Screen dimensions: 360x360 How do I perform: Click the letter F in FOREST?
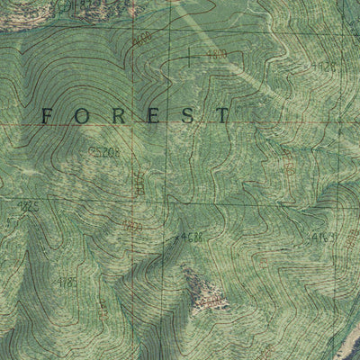pyautogui.click(x=48, y=115)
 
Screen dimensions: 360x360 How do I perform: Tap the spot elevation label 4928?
pyautogui.click(x=322, y=67)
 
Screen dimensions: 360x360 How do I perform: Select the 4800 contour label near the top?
pyautogui.click(x=216, y=56)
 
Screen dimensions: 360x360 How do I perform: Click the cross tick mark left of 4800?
pyautogui.click(x=188, y=57)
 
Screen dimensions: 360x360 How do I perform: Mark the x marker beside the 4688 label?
pyautogui.click(x=175, y=239)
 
